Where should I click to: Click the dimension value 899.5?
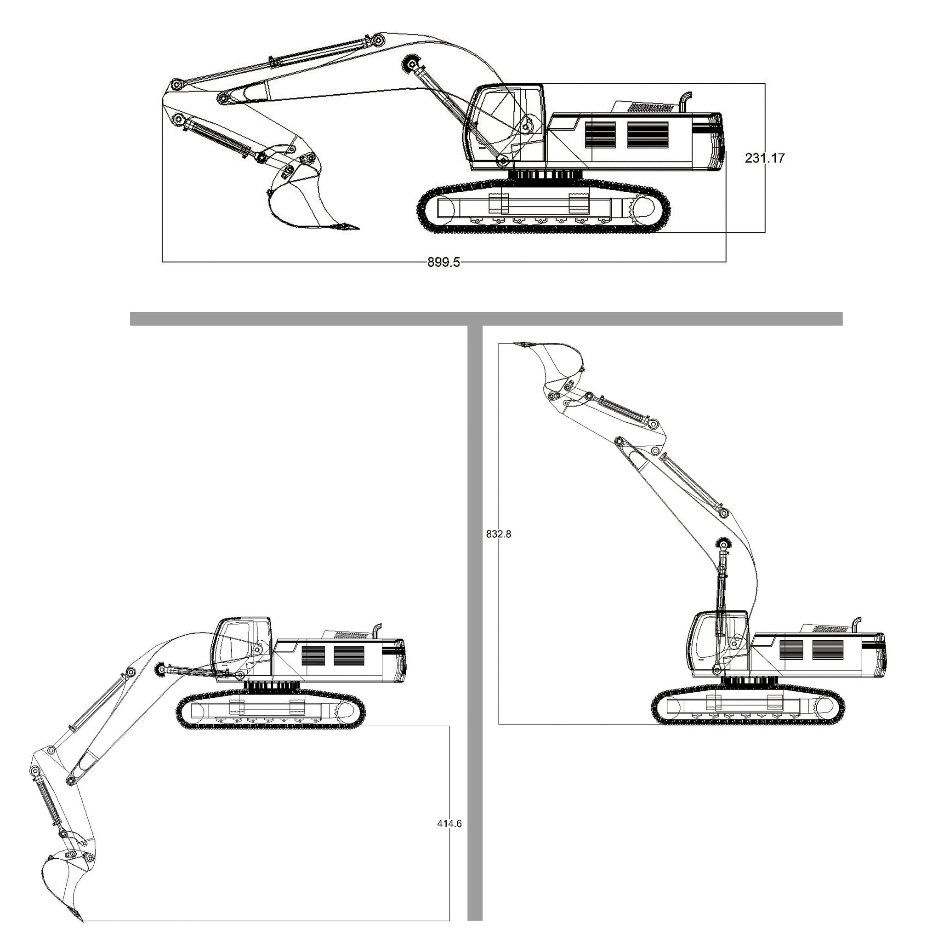pyautogui.click(x=443, y=262)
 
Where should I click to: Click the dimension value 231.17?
pyautogui.click(x=765, y=158)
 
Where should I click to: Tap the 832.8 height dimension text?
pyautogui.click(x=499, y=534)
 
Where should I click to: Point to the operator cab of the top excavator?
pyautogui.click(x=504, y=127)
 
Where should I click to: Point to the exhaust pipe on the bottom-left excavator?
pyautogui.click(x=376, y=631)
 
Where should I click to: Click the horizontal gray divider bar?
pyautogui.click(x=486, y=318)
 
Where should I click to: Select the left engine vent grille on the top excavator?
pyautogui.click(x=600, y=134)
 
